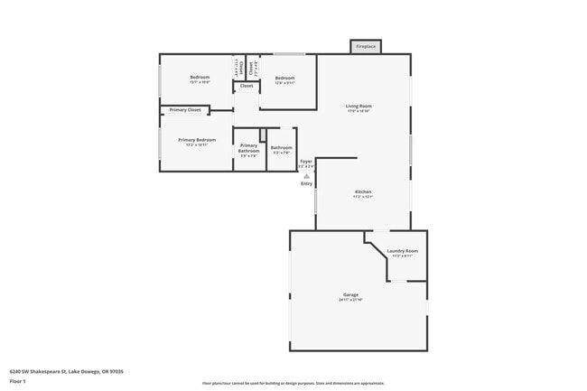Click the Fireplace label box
click(x=366, y=46)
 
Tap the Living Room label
click(x=359, y=106)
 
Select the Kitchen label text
click(x=362, y=191)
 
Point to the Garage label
click(x=350, y=294)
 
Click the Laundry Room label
click(x=402, y=250)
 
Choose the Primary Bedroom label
click(x=197, y=140)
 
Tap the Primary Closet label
click(x=185, y=110)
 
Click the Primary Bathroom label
click(x=248, y=148)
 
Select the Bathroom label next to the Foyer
click(x=281, y=147)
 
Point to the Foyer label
click(x=306, y=162)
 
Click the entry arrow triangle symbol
click(x=306, y=176)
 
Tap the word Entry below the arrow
click(x=307, y=184)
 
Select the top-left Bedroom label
click(x=200, y=77)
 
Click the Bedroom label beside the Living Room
click(x=284, y=78)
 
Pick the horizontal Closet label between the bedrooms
click(x=247, y=86)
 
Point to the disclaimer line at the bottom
click(x=293, y=384)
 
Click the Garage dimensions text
click(x=350, y=301)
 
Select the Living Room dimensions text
click(x=359, y=111)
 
